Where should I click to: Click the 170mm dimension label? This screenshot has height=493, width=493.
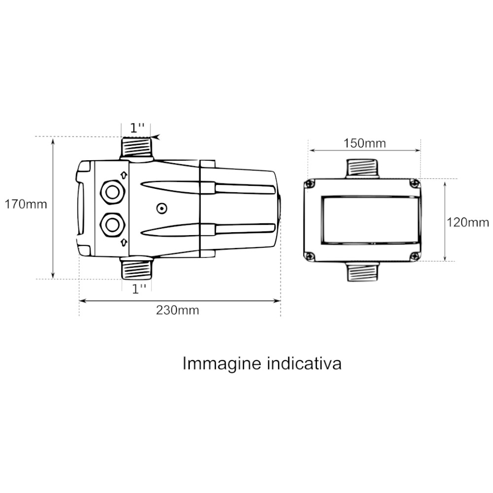pyautogui.click(x=26, y=205)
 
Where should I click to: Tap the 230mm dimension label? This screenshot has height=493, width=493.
pyautogui.click(x=177, y=310)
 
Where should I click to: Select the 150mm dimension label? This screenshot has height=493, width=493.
pyautogui.click(x=364, y=143)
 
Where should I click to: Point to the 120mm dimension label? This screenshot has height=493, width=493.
pyautogui.click(x=468, y=223)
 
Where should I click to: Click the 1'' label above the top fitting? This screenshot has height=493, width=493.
pyautogui.click(x=138, y=128)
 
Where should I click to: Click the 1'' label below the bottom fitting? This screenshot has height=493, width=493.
pyautogui.click(x=139, y=289)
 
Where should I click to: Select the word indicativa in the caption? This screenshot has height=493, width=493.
pyautogui.click(x=304, y=363)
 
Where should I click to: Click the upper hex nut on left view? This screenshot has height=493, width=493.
pyautogui.click(x=112, y=192)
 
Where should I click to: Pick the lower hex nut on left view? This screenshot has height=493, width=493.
pyautogui.click(x=112, y=225)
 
